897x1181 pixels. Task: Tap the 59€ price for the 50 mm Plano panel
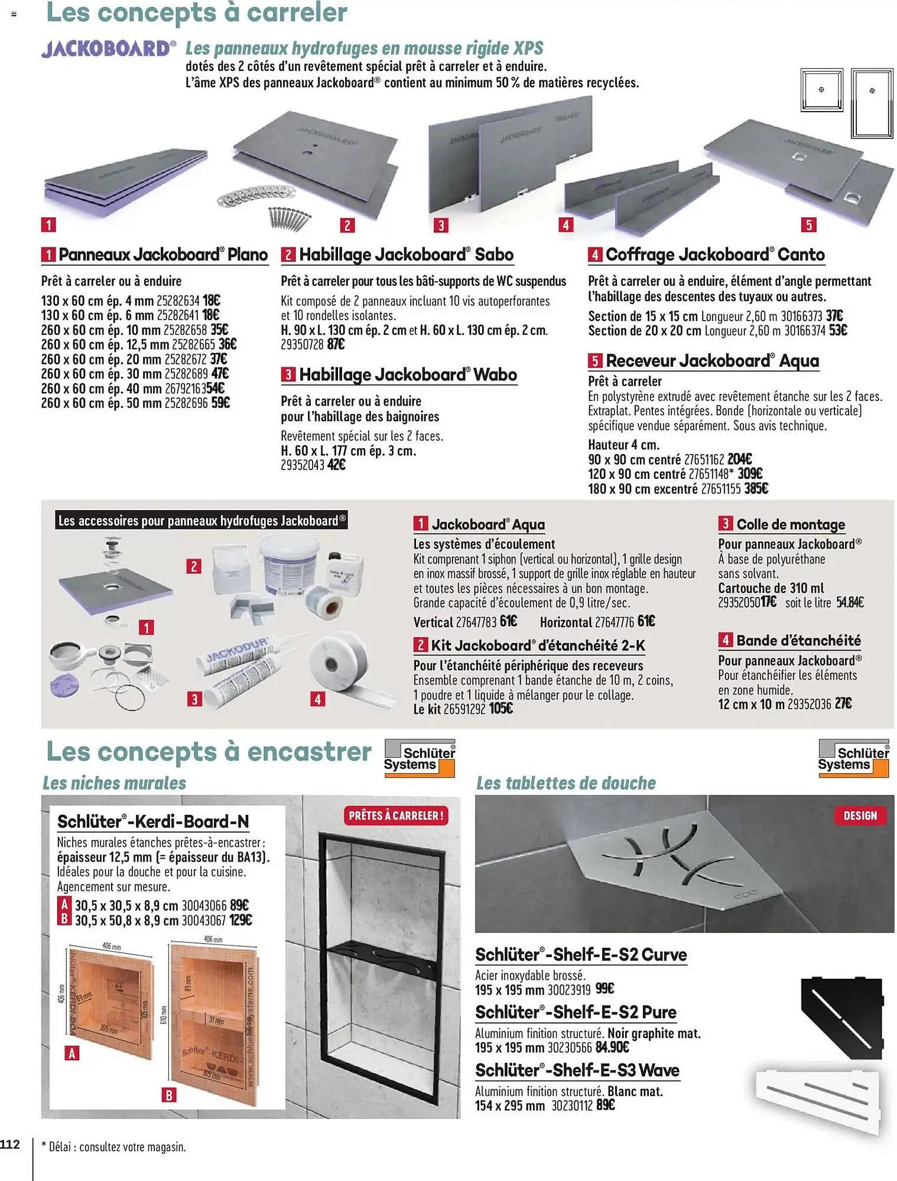click(220, 403)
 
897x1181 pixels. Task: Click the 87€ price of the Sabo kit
click(336, 344)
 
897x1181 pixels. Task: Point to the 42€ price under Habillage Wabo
click(336, 465)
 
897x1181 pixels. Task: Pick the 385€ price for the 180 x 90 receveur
click(756, 489)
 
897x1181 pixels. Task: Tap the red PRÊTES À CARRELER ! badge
click(396, 815)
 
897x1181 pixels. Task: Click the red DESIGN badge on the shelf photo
click(860, 815)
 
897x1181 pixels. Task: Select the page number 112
click(10, 1144)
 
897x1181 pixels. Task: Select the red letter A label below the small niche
click(72, 1053)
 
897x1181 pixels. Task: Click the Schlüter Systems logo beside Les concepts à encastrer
click(420, 758)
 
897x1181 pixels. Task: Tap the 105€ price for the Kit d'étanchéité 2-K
click(500, 709)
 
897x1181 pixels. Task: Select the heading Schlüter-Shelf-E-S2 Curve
click(580, 955)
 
